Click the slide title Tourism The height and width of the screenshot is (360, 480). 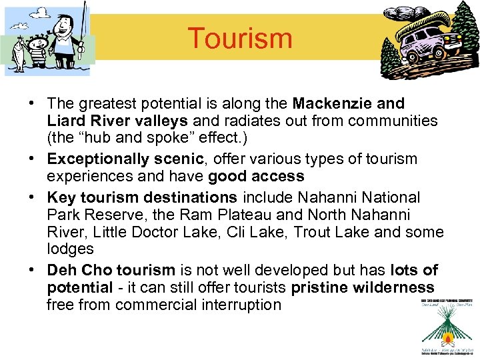pyautogui.click(x=240, y=38)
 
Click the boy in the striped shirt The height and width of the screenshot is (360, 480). pyautogui.click(x=36, y=56)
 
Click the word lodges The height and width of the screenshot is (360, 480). pyautogui.click(x=70, y=249)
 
